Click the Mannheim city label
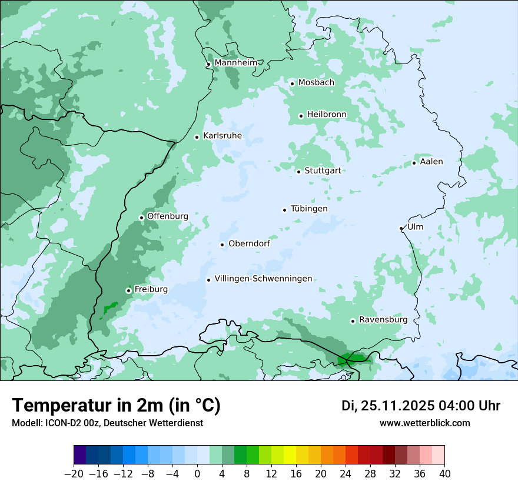tap(235, 63)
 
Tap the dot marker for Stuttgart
tap(299, 172)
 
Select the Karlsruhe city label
tap(223, 136)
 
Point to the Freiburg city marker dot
tap(128, 290)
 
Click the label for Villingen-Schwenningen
tap(263, 279)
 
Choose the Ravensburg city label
tap(383, 320)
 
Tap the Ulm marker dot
tap(401, 228)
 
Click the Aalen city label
tap(431, 162)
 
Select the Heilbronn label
tap(327, 115)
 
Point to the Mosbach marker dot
tap(292, 83)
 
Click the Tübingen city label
tap(309, 209)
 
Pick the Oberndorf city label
tap(249, 243)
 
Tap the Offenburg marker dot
tap(141, 218)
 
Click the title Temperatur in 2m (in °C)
tap(116, 406)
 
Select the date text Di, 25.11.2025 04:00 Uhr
tap(421, 406)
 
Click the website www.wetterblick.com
tap(424, 423)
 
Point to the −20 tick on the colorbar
tap(74, 474)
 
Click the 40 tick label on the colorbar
tap(444, 474)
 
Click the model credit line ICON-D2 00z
tap(107, 423)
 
